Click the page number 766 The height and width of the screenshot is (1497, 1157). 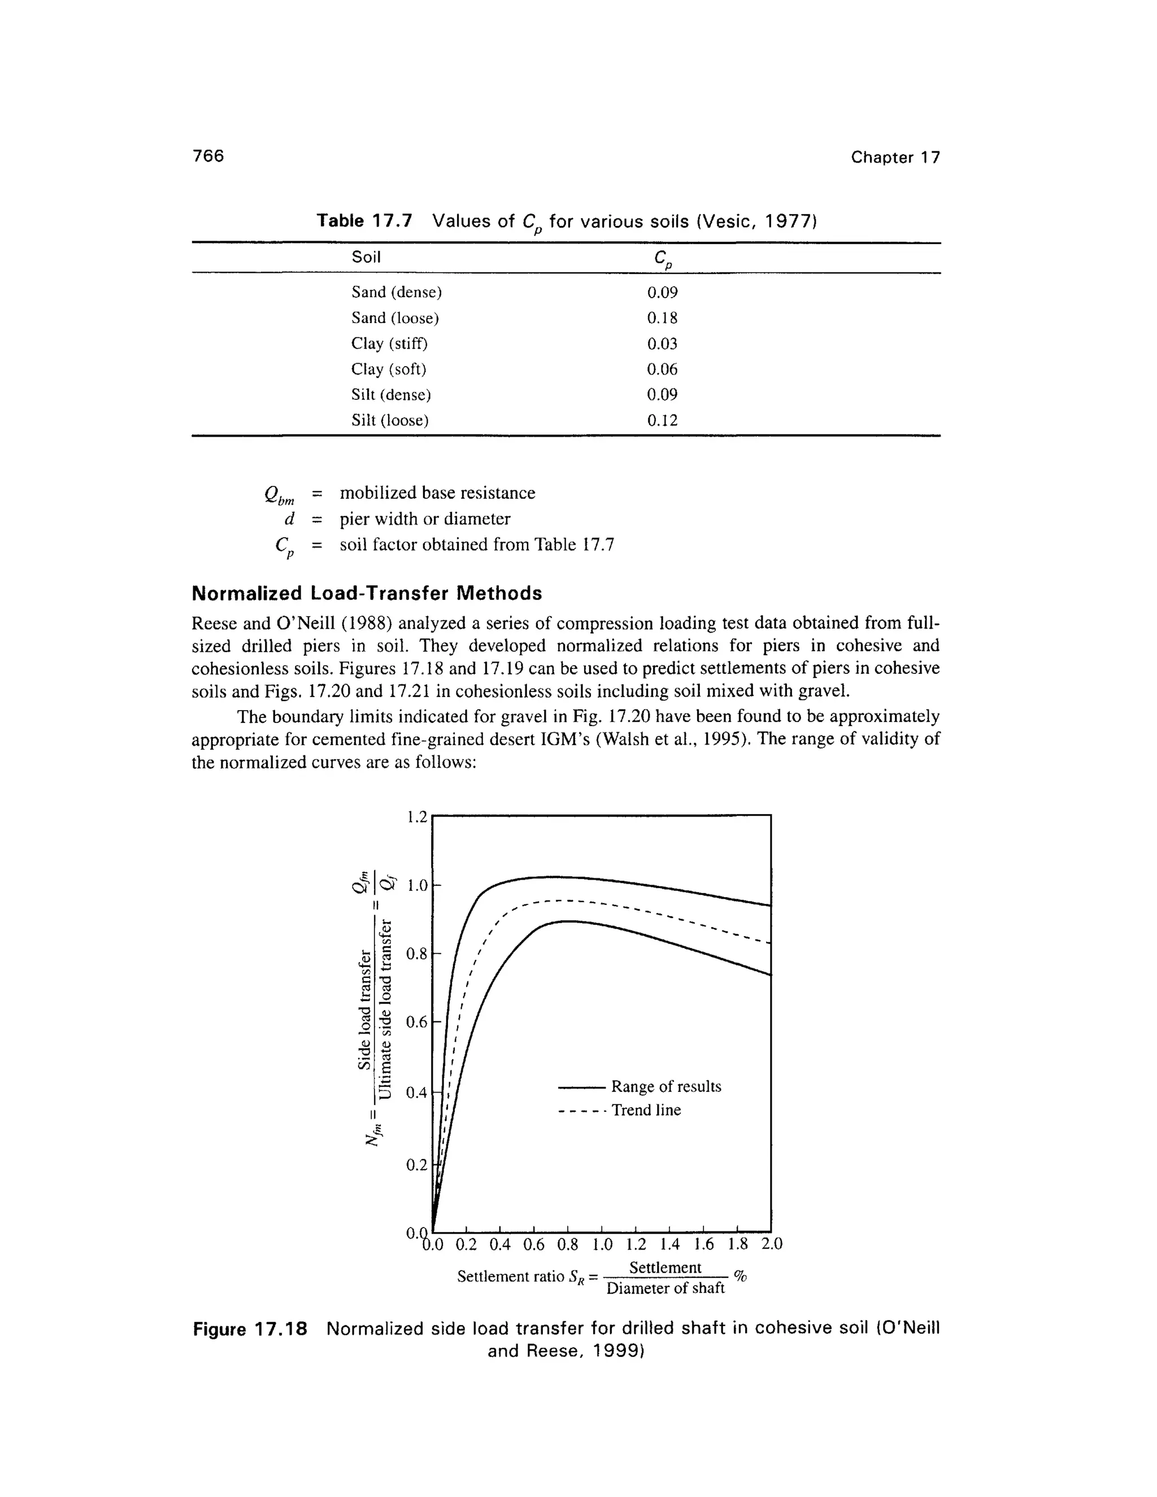click(x=208, y=156)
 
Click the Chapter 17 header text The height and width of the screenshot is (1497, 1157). click(x=895, y=158)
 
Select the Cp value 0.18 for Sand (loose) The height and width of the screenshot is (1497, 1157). click(x=662, y=318)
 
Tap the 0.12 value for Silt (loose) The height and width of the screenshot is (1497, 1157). click(x=662, y=420)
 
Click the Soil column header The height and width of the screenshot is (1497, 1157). click(x=366, y=257)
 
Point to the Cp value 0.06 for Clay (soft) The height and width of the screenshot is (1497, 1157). click(x=662, y=369)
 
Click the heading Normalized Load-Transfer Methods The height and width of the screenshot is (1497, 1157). click(x=367, y=593)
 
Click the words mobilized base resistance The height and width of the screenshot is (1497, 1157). click(x=437, y=493)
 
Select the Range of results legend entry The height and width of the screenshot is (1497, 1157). click(x=666, y=1086)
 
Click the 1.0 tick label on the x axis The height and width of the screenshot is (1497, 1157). click(x=602, y=1244)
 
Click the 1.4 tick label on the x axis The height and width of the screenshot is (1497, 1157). click(x=669, y=1244)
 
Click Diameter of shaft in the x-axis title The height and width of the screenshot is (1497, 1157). click(x=666, y=1288)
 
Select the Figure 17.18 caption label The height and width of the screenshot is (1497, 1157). click(x=250, y=1329)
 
